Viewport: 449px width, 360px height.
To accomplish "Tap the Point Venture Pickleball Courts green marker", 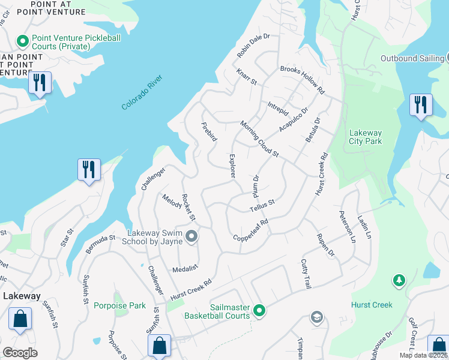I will click(23, 41).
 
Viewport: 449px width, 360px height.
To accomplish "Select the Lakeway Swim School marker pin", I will click(191, 238).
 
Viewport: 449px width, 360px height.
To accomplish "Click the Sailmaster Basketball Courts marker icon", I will click(259, 310).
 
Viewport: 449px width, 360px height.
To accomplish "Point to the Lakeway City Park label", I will click(366, 137).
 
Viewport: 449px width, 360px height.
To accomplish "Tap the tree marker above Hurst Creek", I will click(398, 280).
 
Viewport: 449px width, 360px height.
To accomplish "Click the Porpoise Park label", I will click(119, 305).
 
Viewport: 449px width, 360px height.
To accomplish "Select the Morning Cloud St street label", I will click(259, 139).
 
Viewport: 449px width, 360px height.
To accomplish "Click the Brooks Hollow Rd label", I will click(302, 80).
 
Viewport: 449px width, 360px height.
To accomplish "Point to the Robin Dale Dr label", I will click(253, 46).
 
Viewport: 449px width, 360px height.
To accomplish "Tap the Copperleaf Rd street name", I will click(250, 230).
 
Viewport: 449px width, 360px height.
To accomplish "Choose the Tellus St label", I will click(262, 205).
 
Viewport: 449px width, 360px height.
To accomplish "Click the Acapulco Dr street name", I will click(293, 120).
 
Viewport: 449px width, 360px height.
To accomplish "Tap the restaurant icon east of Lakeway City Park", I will click(420, 104).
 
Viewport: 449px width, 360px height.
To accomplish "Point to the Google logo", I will click(20, 353).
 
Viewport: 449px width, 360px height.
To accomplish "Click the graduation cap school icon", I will click(316, 317).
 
